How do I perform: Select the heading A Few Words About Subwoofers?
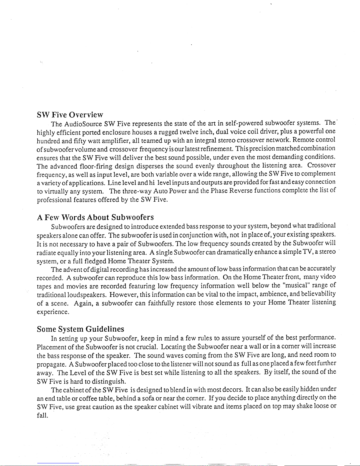point(96,217)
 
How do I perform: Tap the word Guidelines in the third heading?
point(105,329)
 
